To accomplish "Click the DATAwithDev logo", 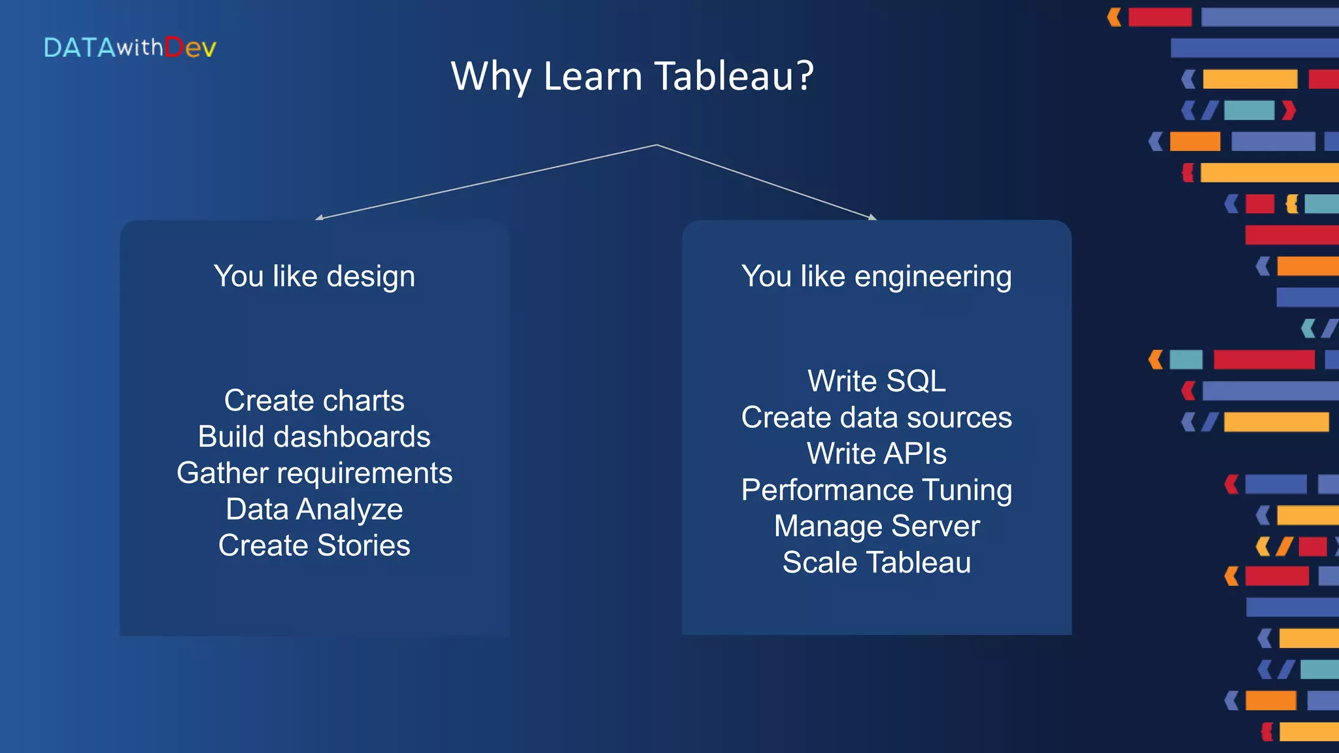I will (129, 48).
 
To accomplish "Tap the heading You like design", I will (314, 276).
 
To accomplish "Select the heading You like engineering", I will (876, 276).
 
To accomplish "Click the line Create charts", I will (314, 400).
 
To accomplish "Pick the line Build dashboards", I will (314, 437).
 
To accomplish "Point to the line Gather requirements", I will (314, 473).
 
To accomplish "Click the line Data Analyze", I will (314, 509).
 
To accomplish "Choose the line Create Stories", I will (314, 545).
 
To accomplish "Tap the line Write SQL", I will (876, 381).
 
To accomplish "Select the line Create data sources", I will (876, 417).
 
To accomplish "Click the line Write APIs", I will (876, 454).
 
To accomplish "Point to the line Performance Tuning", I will (876, 490).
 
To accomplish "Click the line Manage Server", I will (876, 526).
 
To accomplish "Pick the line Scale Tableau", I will (876, 562).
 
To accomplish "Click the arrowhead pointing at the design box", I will (319, 218).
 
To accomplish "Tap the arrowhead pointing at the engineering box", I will (872, 217).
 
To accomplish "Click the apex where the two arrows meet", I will (656, 145).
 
